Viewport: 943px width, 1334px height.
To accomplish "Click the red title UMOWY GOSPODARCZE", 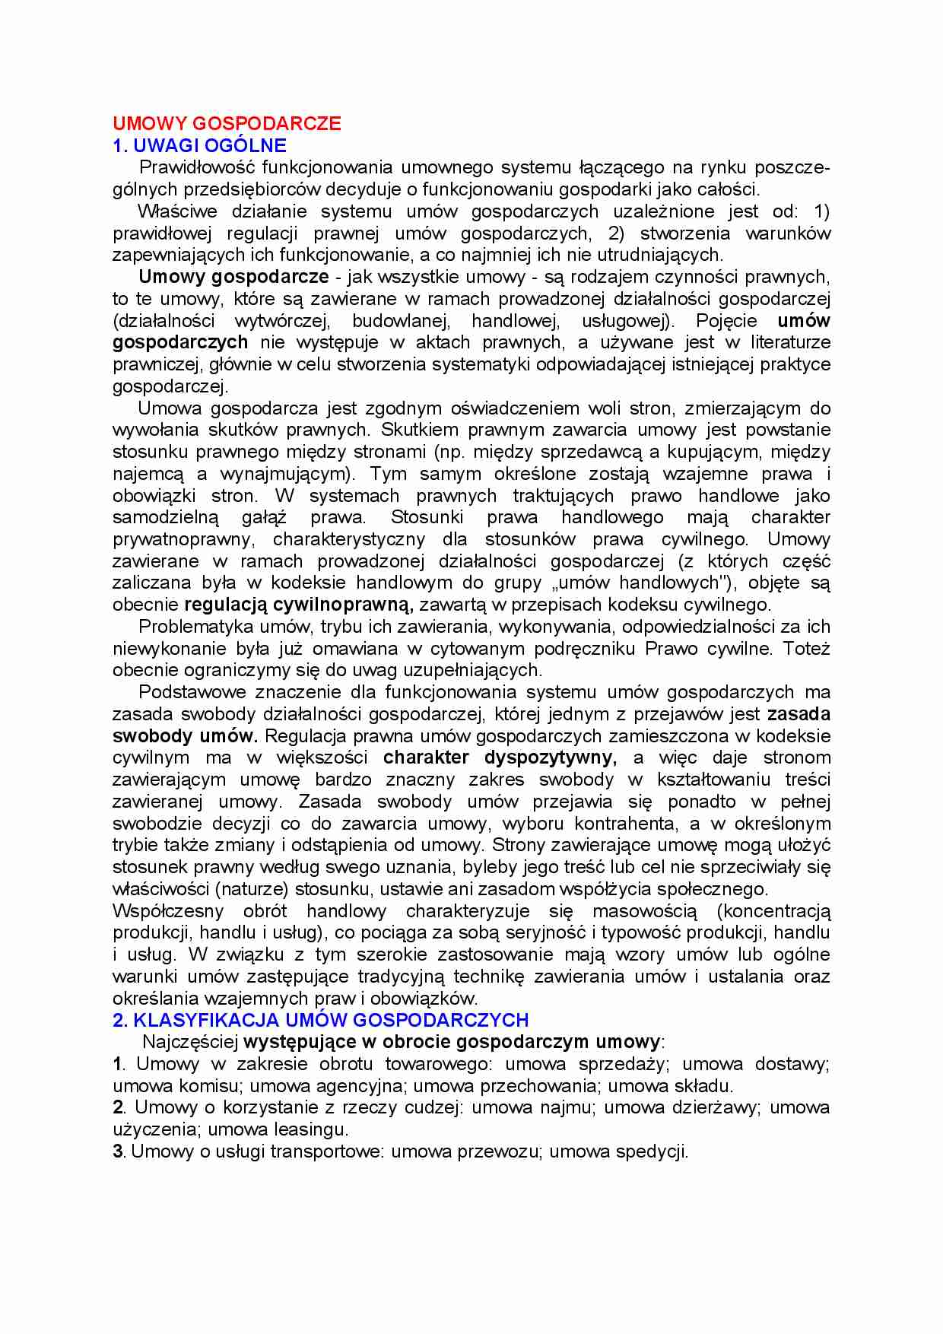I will tap(227, 124).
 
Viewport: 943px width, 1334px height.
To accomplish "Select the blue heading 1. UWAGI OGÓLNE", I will tap(199, 145).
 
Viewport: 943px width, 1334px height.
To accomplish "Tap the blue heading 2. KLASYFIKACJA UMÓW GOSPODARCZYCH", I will tap(320, 1020).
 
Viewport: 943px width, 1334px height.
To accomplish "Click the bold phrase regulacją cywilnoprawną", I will tap(298, 605).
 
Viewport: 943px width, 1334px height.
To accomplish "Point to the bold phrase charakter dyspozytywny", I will tap(500, 758).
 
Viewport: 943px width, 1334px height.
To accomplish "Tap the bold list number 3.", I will tap(118, 1151).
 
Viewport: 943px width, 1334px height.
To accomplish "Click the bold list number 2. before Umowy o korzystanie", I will tap(119, 1107).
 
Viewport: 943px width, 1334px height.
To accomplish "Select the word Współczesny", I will tap(168, 911).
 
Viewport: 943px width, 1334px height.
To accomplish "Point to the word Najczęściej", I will tap(190, 1042).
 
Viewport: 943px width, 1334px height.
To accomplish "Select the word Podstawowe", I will tap(191, 693).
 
